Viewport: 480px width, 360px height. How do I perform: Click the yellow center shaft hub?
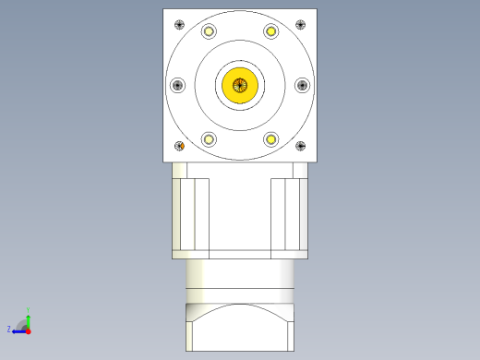tap(240, 85)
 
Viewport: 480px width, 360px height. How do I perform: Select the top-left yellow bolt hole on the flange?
tap(209, 31)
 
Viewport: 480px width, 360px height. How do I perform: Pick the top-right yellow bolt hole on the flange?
tap(271, 31)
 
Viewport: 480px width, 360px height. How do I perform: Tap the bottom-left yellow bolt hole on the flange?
tap(209, 139)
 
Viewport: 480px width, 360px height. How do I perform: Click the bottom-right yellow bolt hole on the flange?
tap(271, 139)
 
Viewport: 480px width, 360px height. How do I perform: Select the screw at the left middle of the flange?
tap(178, 85)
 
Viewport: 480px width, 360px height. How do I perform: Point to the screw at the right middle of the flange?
tap(302, 85)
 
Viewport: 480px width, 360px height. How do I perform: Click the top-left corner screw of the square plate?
tap(179, 24)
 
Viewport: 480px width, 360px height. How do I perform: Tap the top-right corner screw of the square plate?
tap(300, 24)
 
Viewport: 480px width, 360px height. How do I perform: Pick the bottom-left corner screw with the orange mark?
tap(180, 146)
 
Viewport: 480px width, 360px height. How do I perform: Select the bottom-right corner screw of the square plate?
tap(300, 146)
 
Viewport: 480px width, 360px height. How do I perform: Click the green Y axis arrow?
tap(28, 317)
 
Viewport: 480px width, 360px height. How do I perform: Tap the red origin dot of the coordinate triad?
tap(28, 330)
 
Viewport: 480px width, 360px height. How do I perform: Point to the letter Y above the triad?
tap(29, 309)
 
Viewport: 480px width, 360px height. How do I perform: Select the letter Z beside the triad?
tap(9, 329)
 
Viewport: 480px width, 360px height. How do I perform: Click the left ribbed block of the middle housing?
tap(191, 214)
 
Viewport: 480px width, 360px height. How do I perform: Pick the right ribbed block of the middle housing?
tap(289, 214)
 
